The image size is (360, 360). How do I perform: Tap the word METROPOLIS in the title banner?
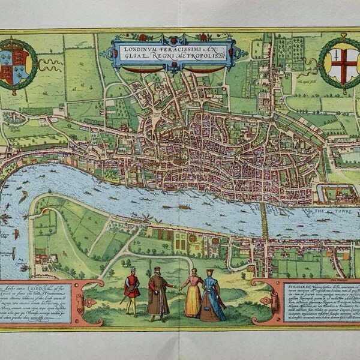(x=200, y=56)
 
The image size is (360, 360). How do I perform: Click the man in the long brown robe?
(x=158, y=293)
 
